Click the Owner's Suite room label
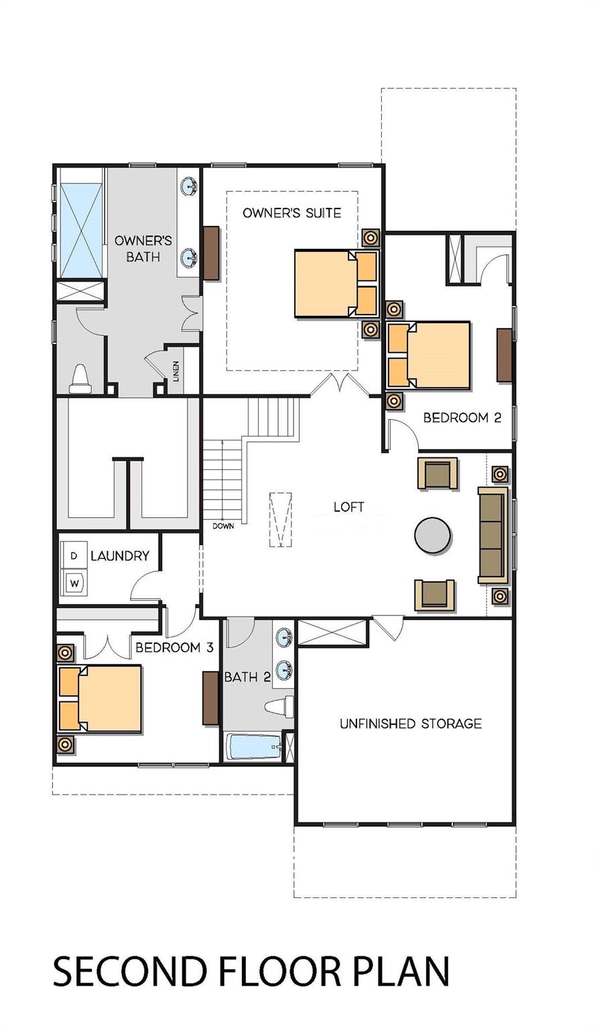pos(291,213)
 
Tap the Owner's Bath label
pos(143,248)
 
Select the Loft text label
pos(349,507)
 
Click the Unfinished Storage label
pos(410,724)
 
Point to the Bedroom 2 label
pos(462,418)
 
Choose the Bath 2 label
pos(247,677)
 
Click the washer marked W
pos(75,583)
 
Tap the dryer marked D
pos(74,556)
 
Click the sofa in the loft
pos(492,534)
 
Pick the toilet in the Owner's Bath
pos(80,379)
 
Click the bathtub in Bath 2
pos(254,747)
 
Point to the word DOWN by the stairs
pos(223,526)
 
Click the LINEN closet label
pos(176,370)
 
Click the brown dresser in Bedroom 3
pos(211,697)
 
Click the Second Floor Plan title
pos(251,972)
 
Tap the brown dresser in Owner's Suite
pos(211,253)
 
